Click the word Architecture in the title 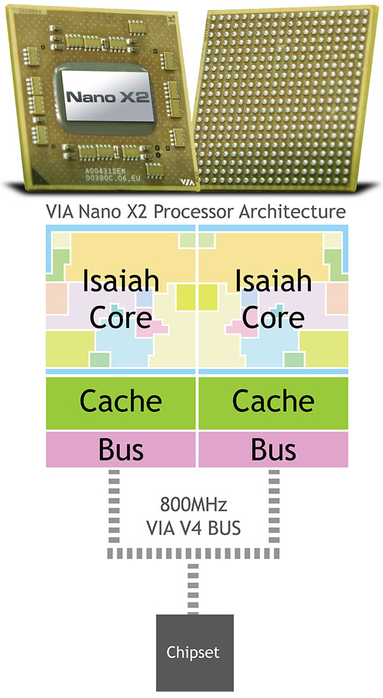[292, 211]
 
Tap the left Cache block [121, 402]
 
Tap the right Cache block [273, 402]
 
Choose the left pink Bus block [121, 449]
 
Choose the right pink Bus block [273, 449]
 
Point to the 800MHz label [192, 507]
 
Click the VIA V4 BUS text [192, 528]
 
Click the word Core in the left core [121, 317]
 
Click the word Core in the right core [273, 317]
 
